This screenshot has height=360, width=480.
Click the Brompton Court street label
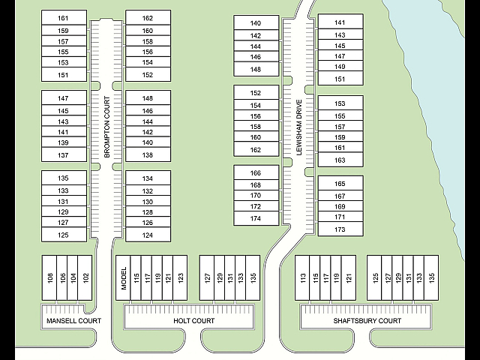[106, 127]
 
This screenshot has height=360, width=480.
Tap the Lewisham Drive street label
[299, 127]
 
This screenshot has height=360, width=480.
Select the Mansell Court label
[73, 321]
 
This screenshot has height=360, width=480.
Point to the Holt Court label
[194, 321]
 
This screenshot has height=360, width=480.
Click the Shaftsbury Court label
[367, 321]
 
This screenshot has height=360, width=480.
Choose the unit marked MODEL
[123, 278]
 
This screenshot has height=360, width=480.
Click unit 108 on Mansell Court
[49, 278]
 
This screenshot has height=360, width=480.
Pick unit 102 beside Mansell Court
[85, 278]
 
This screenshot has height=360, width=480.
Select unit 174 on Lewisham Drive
[256, 218]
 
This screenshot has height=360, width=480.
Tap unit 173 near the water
[340, 229]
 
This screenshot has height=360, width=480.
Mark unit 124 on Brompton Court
[148, 235]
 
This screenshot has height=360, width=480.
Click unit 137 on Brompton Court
[64, 155]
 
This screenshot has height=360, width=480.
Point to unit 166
[256, 172]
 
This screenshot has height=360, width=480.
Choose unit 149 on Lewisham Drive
[340, 66]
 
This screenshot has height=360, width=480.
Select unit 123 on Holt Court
[180, 278]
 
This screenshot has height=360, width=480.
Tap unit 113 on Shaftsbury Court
[302, 278]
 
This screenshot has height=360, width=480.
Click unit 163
[340, 160]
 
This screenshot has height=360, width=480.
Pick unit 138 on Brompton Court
[148, 155]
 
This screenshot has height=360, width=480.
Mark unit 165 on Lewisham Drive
[340, 183]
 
